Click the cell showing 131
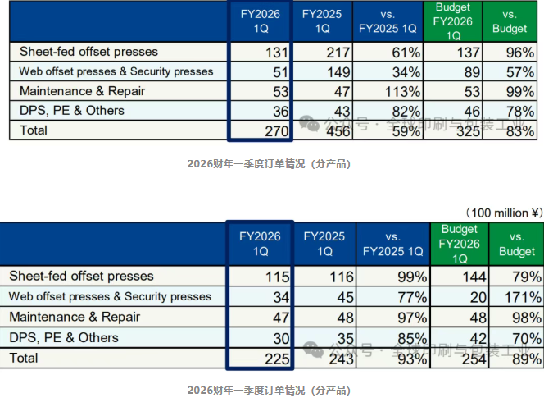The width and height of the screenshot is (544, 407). (x=270, y=53)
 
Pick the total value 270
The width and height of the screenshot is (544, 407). (x=270, y=129)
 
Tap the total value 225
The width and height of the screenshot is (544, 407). (x=270, y=358)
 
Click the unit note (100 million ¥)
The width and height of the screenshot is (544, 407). (x=501, y=213)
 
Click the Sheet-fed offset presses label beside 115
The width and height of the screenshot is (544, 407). (x=80, y=277)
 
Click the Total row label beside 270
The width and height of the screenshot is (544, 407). (x=34, y=129)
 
